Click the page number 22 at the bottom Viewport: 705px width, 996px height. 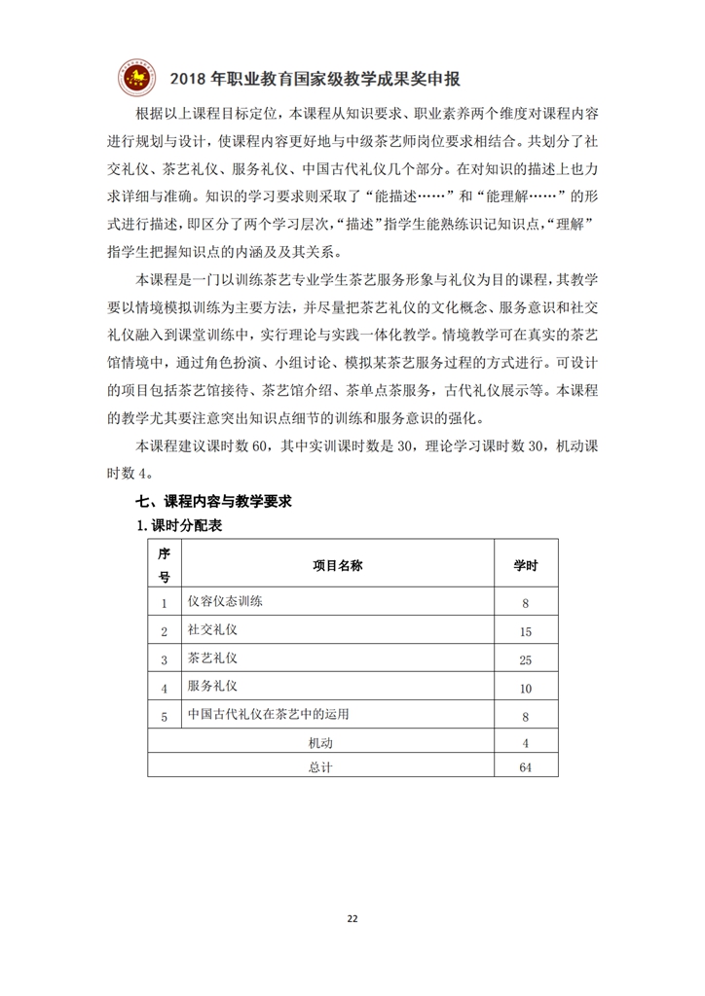pos(352,916)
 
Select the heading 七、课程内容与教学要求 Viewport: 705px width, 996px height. pos(214,502)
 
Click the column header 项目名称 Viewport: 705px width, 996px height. pos(337,565)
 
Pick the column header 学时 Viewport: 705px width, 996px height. pos(525,565)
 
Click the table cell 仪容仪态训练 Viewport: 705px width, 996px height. pos(225,601)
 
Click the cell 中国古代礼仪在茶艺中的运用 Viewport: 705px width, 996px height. pos(268,715)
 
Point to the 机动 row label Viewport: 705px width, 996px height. pos(320,744)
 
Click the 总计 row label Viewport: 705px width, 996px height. pos(320,767)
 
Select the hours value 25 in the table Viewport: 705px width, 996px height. pos(525,660)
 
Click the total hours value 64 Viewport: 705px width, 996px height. pos(525,767)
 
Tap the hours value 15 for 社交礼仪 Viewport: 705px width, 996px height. pos(525,632)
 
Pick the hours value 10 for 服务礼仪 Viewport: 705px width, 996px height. pos(525,689)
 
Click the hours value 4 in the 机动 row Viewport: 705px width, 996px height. pos(525,744)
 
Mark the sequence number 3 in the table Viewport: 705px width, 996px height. pos(165,660)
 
